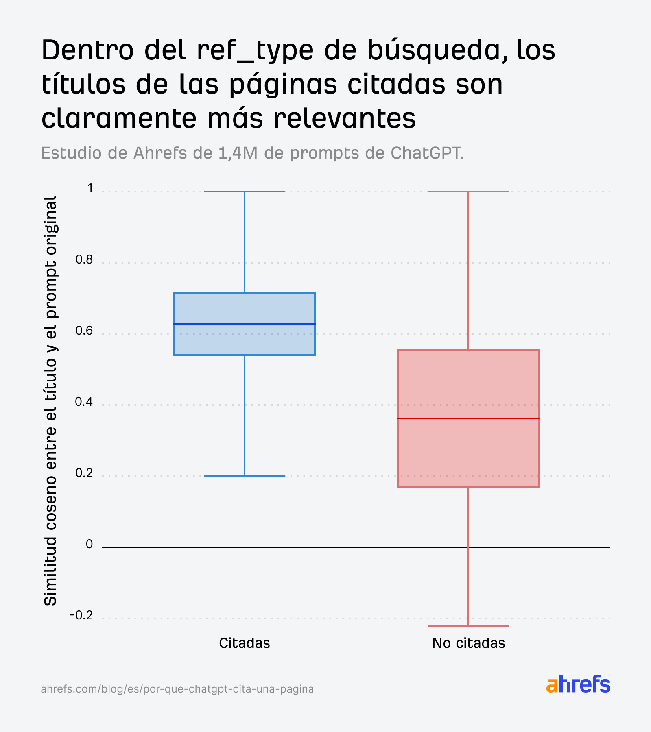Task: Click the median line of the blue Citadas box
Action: [245, 324]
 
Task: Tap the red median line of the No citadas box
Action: [468, 418]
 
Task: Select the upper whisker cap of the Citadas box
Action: [245, 192]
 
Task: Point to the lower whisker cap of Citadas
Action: [245, 476]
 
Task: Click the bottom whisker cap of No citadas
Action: [468, 626]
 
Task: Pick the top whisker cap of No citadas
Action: [468, 192]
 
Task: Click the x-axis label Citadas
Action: [245, 643]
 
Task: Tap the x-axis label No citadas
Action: [468, 643]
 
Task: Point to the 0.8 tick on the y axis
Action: [84, 259]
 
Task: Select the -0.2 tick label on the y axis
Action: [81, 615]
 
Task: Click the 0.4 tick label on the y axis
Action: [84, 402]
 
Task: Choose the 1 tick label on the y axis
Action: [90, 188]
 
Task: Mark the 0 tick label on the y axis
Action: [90, 544]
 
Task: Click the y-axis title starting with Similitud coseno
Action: [50, 401]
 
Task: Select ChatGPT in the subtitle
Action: [427, 153]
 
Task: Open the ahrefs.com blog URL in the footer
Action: [177, 689]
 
